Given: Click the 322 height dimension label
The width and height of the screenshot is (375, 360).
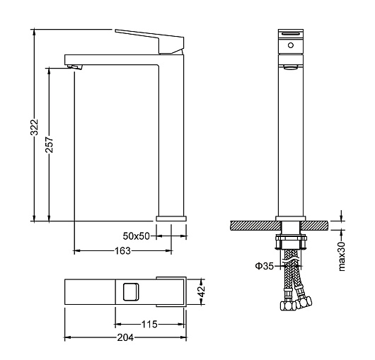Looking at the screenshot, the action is (35, 127).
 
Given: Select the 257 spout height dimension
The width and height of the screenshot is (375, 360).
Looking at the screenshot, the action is (50, 144).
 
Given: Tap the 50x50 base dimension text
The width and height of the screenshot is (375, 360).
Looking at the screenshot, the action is (136, 236).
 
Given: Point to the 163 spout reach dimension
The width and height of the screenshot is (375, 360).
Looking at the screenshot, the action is (122, 251).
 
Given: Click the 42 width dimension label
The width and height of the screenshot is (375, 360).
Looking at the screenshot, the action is (202, 291).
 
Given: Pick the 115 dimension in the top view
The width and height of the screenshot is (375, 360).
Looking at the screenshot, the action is (149, 325).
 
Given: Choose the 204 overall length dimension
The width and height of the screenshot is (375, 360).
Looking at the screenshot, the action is (125, 337).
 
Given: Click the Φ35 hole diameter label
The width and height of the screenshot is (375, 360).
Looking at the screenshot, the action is (265, 266).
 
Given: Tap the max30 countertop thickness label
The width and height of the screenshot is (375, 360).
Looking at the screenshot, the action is (342, 256).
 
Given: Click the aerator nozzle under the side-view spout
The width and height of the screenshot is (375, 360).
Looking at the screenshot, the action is (75, 67).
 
